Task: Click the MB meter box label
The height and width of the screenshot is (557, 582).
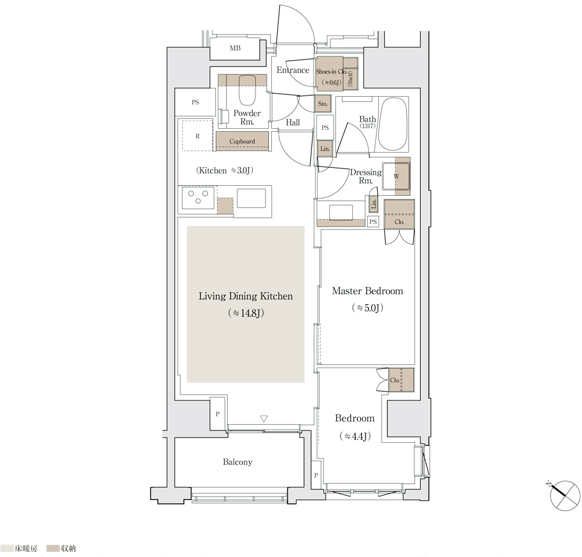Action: pos(235,48)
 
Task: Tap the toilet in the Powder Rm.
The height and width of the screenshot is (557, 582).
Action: pos(246,90)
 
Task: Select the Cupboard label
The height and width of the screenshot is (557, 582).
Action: pos(242,141)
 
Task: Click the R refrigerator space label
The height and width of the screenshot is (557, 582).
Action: pos(197,136)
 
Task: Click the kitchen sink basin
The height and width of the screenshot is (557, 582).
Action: pos(251,198)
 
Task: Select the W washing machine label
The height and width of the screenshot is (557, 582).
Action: pos(396,177)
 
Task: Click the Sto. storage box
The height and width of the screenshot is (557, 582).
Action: pos(322,104)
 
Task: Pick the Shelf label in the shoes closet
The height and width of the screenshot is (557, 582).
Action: pos(350,79)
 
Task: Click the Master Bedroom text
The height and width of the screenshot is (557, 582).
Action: pos(367,291)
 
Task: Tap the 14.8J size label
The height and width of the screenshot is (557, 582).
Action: pos(246,313)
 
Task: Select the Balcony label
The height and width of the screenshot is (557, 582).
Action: pos(237,462)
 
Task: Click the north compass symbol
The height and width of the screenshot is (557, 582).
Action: pos(564,496)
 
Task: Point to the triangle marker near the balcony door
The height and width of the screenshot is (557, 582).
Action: pos(264,419)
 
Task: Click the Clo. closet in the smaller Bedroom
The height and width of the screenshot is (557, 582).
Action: pos(401,380)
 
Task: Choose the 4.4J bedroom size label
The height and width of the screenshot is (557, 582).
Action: pos(355,436)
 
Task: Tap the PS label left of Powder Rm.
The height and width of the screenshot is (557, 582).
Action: pos(195,102)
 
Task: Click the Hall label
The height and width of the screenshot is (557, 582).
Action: pos(293,122)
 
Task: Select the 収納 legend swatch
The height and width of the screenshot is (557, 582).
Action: pos(53,548)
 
